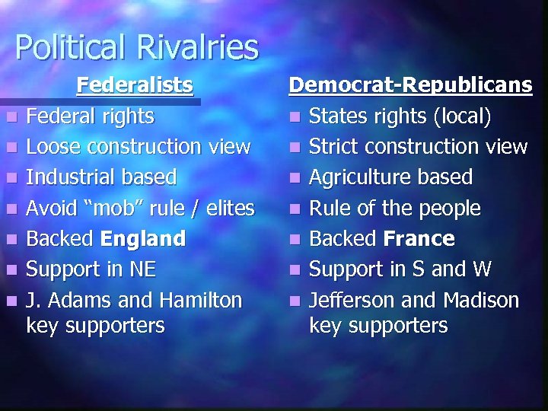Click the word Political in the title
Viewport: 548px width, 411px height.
(68, 47)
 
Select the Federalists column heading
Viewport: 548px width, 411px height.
(135, 84)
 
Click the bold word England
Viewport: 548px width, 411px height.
(143, 238)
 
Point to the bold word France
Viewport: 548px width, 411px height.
(419, 239)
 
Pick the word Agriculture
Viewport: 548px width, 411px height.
(356, 177)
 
